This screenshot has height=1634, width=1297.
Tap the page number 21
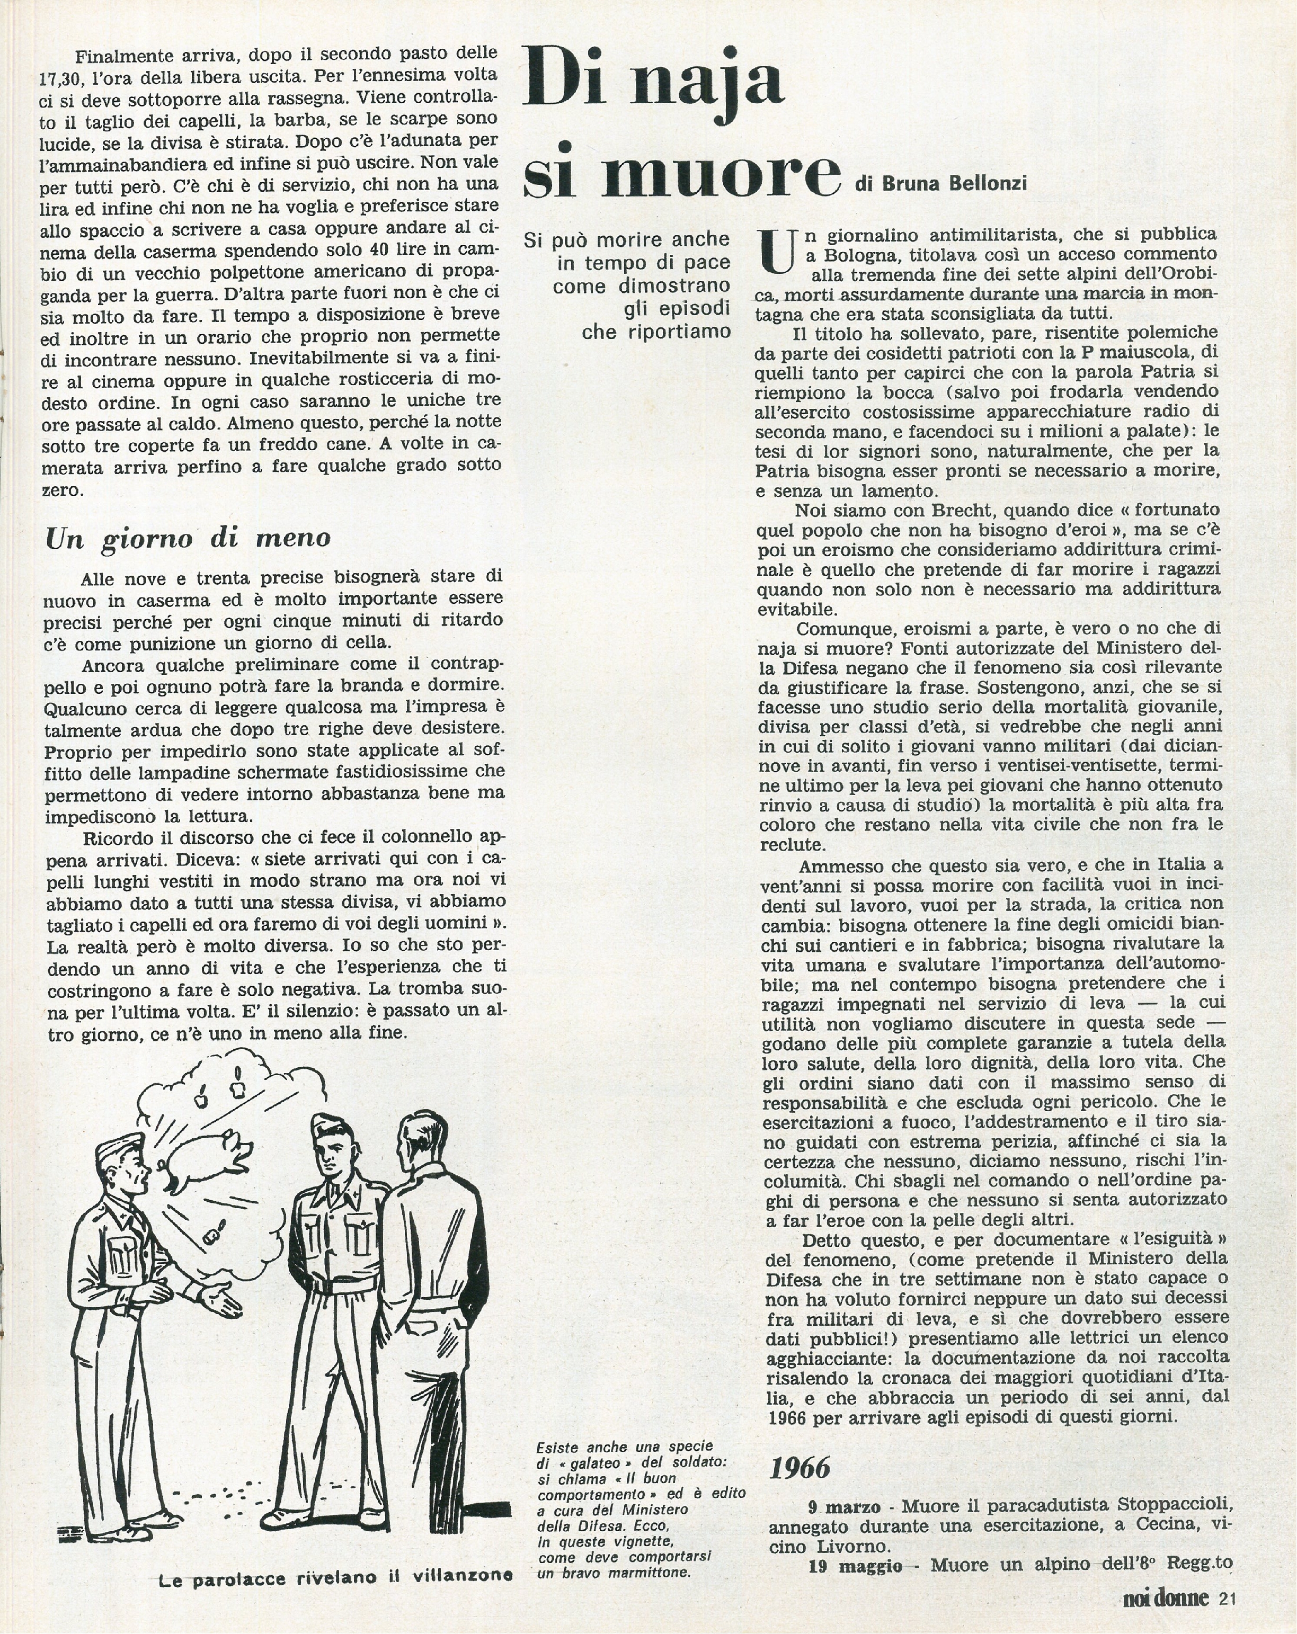tap(1227, 1599)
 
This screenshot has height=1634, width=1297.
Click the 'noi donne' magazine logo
tap(1165, 1599)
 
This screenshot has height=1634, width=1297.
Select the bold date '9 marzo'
tap(840, 1505)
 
